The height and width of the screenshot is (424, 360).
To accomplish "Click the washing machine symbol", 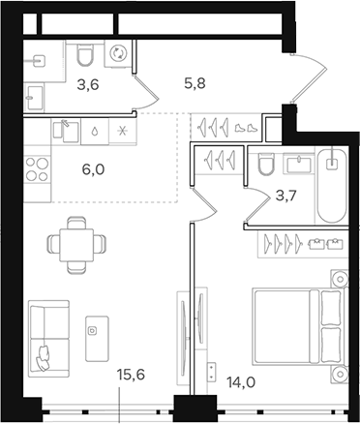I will pyautogui.click(x=120, y=54).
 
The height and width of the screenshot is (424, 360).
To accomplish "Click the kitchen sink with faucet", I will pyautogui.click(x=67, y=129).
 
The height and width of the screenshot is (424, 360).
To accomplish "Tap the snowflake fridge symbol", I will pyautogui.click(x=121, y=129).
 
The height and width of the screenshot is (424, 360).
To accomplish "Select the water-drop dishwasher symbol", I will pyautogui.click(x=95, y=129).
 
